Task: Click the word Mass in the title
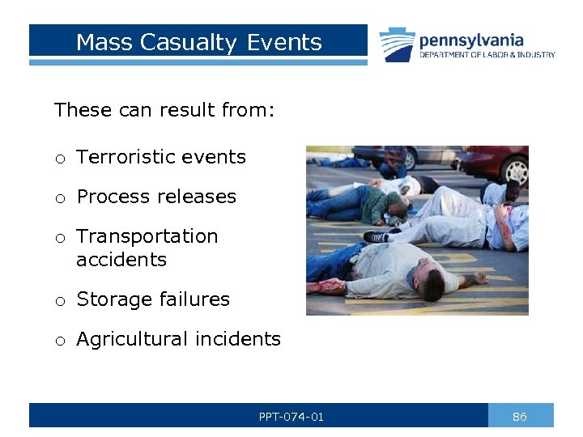pyautogui.click(x=105, y=42)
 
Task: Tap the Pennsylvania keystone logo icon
pyautogui.click(x=397, y=45)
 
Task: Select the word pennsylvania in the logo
pyautogui.click(x=471, y=40)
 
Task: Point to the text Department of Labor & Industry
pyautogui.click(x=487, y=55)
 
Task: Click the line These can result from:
pyautogui.click(x=164, y=110)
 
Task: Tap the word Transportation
pyautogui.click(x=147, y=236)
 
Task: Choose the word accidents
pyautogui.click(x=121, y=260)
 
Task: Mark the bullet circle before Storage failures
pyautogui.click(x=60, y=301)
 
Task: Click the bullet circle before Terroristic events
pyautogui.click(x=60, y=159)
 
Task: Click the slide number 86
pyautogui.click(x=520, y=417)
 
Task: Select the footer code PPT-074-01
pyautogui.click(x=291, y=417)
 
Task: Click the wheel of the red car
pyautogui.click(x=516, y=171)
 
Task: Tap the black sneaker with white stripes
pyautogui.click(x=377, y=236)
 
